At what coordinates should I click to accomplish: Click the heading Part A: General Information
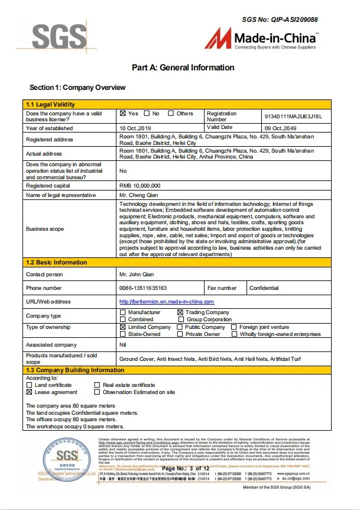pos(183,67)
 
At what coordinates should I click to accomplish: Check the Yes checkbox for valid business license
pos(123,114)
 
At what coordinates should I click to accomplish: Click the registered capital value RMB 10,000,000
pos(140,185)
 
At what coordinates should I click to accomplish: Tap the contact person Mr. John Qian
pos(137,275)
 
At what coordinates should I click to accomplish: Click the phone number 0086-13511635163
pos(143,288)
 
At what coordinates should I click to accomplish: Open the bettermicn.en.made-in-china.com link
pos(166,302)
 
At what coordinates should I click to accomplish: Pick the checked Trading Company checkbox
pos(181,312)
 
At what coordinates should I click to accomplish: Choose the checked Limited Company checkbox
pos(123,327)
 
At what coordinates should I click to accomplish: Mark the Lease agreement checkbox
pos(30,392)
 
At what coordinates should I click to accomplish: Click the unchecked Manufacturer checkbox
pos(123,312)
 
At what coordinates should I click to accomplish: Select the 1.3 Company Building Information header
pos(74,370)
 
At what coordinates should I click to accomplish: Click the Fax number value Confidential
pos(264,288)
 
